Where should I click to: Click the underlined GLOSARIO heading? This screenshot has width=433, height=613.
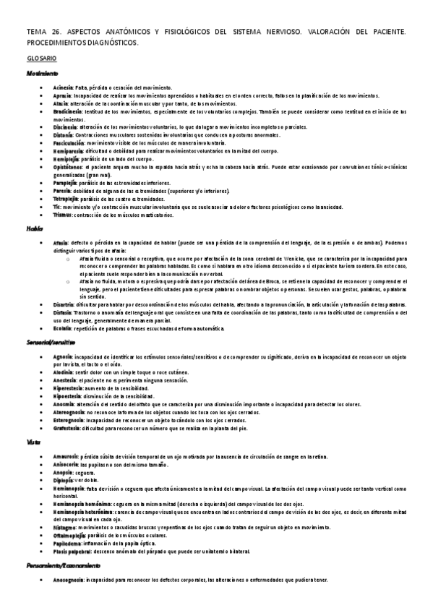43,57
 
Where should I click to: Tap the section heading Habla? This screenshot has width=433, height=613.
35,228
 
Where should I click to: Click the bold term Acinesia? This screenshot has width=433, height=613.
63,87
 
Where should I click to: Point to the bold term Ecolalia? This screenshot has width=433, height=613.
63,329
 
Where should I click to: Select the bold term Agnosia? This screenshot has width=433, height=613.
64,356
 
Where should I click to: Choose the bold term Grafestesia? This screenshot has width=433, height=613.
67,428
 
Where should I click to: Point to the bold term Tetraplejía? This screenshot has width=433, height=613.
67,199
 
